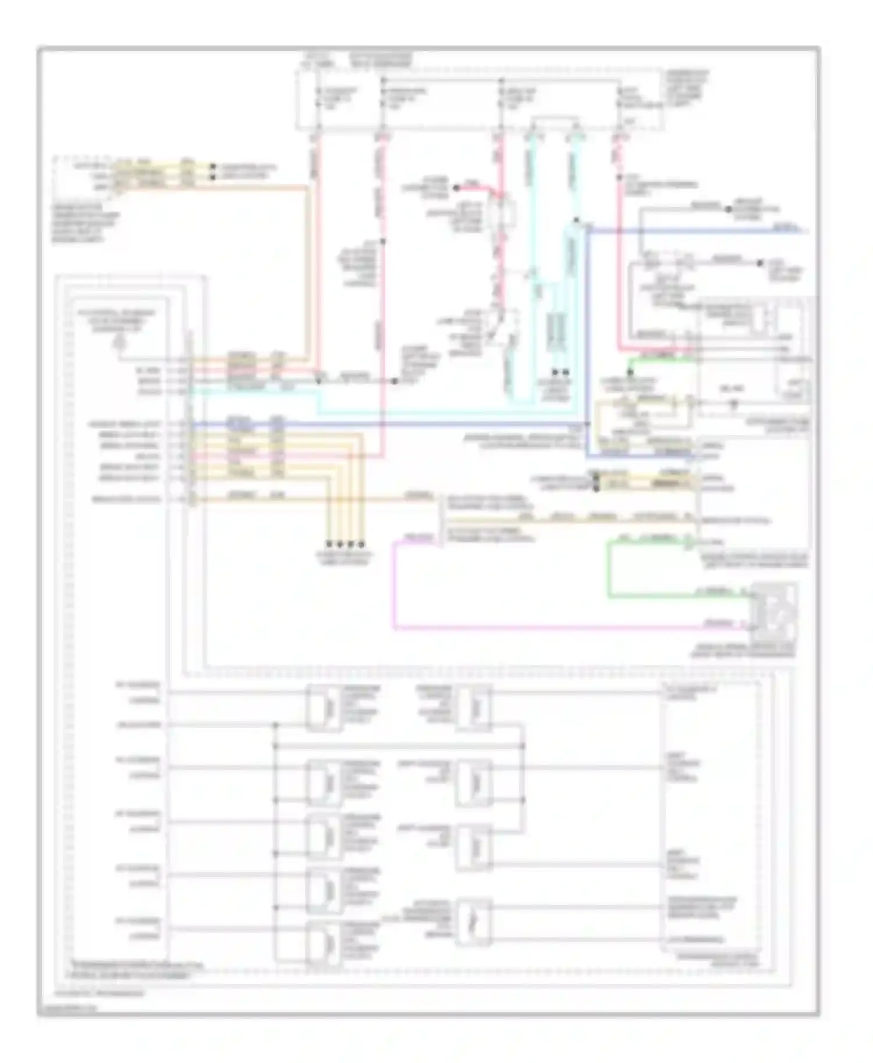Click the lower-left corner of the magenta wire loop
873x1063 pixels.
coord(395,627)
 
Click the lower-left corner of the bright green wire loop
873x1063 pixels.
coord(609,596)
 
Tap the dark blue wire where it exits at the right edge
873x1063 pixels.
coord(806,231)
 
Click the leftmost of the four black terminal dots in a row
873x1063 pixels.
coord(329,544)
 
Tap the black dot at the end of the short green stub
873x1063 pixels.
coord(629,371)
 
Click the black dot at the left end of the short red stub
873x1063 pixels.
coord(456,188)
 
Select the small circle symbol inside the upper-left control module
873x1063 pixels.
coord(119,343)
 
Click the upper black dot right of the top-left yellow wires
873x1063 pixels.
coord(213,166)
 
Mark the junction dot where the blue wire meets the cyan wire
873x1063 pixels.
coord(576,220)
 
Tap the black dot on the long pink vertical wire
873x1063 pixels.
coord(382,241)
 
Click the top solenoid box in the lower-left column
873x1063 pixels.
coord(324,707)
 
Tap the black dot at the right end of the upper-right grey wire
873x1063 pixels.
coord(760,263)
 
